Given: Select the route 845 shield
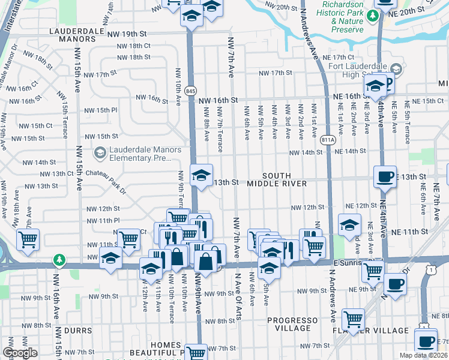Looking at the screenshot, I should point(191,91).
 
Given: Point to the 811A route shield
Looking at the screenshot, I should point(328,140).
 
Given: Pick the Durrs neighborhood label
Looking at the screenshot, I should point(76,331).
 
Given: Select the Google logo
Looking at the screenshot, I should point(19,353).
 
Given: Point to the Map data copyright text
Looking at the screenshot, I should point(423,355).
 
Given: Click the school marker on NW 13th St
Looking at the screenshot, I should point(202,175).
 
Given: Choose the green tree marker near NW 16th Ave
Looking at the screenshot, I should point(58,260).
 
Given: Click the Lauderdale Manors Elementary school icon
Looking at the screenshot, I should point(100,154).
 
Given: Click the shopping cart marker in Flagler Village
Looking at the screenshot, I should point(353,319).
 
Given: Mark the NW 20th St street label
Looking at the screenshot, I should point(276,7).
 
